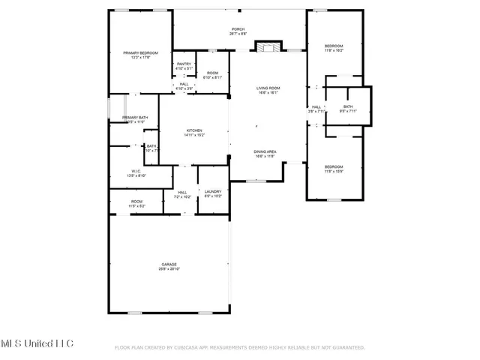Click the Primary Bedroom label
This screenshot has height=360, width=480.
(141, 52)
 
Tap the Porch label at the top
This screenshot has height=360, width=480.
(237, 29)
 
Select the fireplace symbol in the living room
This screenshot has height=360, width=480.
(266, 47)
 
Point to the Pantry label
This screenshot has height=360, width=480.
(184, 64)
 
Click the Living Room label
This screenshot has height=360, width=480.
(268, 88)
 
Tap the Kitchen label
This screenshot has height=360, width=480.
(194, 131)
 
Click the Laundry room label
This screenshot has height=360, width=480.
(213, 192)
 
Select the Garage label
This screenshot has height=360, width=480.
(169, 265)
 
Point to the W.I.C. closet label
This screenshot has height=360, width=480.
(136, 171)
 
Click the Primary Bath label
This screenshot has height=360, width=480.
(135, 118)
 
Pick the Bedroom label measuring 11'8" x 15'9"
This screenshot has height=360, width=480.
(334, 166)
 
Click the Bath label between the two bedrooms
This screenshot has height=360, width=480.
(348, 106)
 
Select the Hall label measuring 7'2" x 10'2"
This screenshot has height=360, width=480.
(181, 192)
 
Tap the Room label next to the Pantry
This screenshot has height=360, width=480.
(212, 73)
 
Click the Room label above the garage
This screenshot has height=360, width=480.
(136, 201)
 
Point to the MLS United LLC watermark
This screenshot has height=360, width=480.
(37, 343)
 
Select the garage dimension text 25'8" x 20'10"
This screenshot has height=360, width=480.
(169, 269)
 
